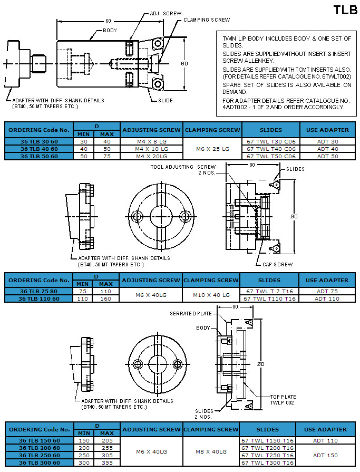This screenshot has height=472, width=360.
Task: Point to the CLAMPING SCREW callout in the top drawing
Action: click(207, 20)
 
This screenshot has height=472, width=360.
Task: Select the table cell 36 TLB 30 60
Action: click(37, 141)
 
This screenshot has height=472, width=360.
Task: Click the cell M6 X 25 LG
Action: click(212, 149)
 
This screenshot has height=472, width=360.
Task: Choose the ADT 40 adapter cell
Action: click(327, 149)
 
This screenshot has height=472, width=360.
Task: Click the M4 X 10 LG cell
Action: click(152, 149)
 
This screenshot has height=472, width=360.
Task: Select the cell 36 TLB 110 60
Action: click(38, 298)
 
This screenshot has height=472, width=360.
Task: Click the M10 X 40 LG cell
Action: click(211, 295)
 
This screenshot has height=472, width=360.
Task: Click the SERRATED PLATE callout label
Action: click(190, 314)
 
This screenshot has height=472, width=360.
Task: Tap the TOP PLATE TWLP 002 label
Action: click(283, 399)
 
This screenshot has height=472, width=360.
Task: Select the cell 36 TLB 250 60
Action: click(39, 455)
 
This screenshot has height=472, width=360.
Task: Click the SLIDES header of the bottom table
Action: click(268, 429)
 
